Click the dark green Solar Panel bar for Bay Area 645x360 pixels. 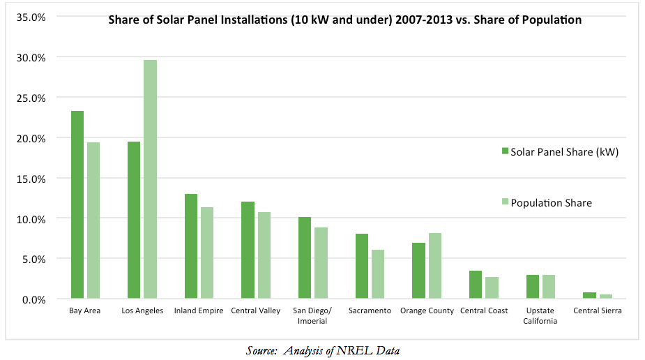(x=77, y=205)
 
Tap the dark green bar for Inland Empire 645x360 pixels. (x=190, y=246)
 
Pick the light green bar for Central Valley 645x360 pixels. (x=264, y=255)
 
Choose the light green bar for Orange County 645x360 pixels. (x=434, y=266)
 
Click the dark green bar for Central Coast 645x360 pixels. (x=475, y=285)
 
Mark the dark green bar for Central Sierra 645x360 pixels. (x=589, y=296)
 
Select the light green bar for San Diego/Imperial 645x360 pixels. (x=321, y=263)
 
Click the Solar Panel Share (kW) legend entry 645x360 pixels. (x=559, y=151)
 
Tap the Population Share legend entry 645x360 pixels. (x=546, y=202)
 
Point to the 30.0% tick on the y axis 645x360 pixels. (x=31, y=57)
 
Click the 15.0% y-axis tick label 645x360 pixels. (x=31, y=178)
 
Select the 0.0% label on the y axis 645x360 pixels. (x=33, y=299)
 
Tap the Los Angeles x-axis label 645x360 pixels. (x=144, y=310)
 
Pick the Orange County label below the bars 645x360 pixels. (x=427, y=310)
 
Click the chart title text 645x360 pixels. (x=344, y=20)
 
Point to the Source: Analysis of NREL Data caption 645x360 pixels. (x=323, y=350)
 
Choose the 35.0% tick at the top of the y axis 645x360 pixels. (x=31, y=17)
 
